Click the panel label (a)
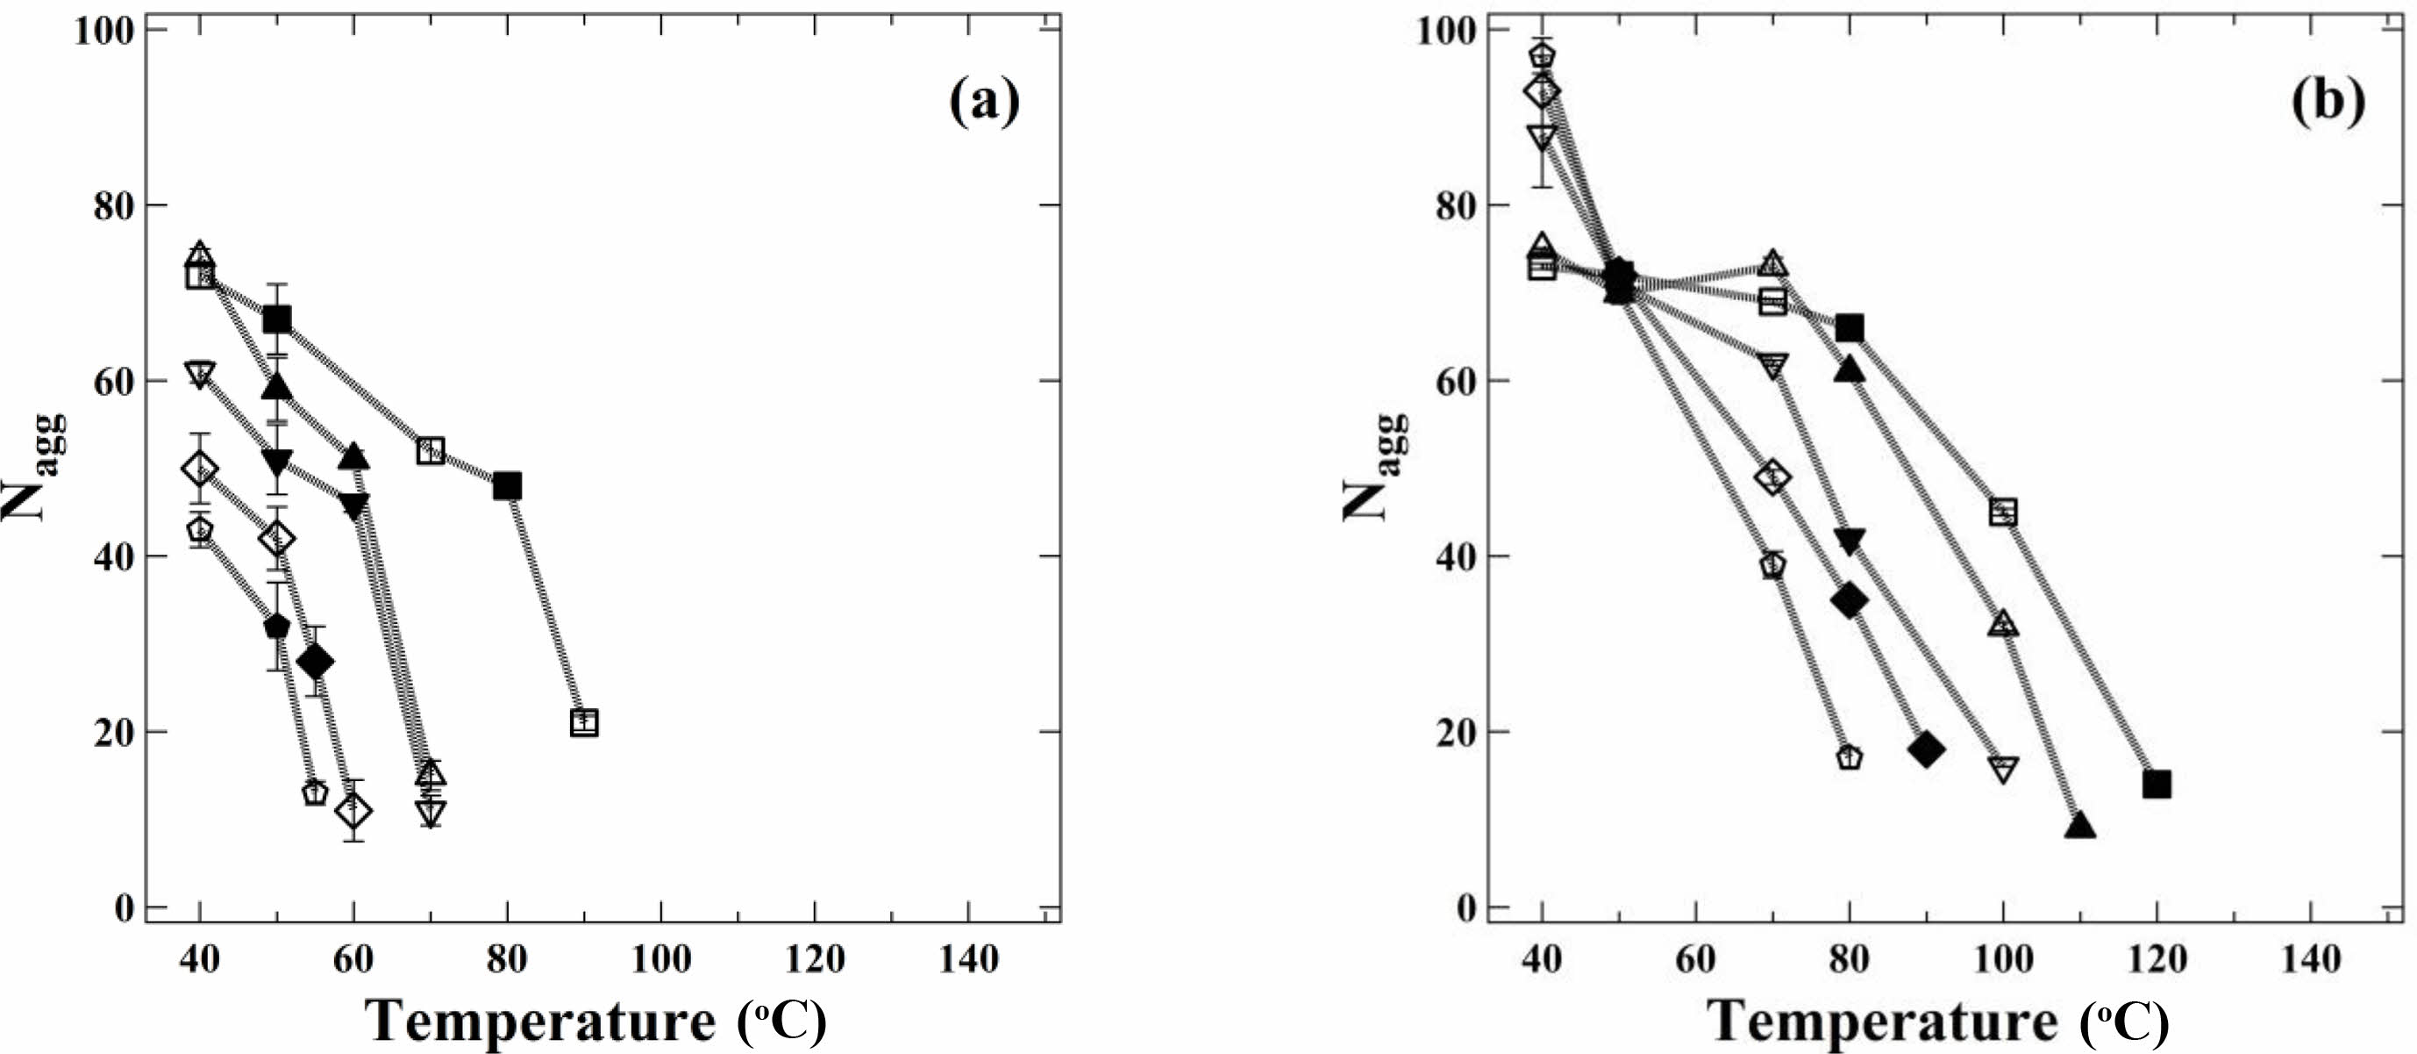tap(983, 102)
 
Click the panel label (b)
tap(2327, 102)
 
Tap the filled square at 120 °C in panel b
tap(2157, 785)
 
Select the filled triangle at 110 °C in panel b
tap(2080, 826)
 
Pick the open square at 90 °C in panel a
tap(583, 722)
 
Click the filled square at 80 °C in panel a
tap(507, 486)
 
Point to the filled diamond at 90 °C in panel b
tap(1926, 749)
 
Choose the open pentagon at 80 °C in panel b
tap(1849, 757)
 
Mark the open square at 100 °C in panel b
tap(2003, 513)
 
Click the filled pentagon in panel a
tap(277, 626)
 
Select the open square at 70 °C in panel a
tap(430, 450)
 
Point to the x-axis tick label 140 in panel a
tap(968, 959)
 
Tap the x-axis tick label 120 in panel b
tap(2157, 959)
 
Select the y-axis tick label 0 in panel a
tap(123, 907)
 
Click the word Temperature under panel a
tap(539, 1020)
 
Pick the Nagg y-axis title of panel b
tap(1372, 467)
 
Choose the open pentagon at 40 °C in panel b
tap(1542, 56)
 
